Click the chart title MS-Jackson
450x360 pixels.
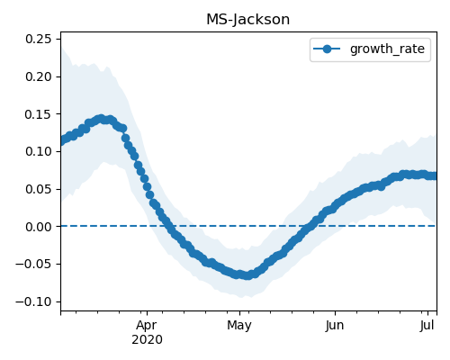(248, 20)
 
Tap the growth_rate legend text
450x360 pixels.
(387, 49)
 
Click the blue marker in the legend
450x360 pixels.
(327, 49)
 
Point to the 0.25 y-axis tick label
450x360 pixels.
(38, 39)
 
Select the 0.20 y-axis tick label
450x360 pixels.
(38, 76)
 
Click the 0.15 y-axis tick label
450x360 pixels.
(38, 114)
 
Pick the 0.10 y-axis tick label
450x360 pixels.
(38, 151)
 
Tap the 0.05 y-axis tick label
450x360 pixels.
(38, 189)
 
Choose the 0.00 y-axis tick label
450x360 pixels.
(38, 227)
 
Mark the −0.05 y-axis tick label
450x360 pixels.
(33, 264)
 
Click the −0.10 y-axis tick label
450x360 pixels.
(33, 301)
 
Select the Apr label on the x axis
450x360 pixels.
(147, 326)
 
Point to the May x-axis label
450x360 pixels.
(239, 326)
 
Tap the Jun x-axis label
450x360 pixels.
(335, 326)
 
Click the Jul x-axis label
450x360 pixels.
(427, 326)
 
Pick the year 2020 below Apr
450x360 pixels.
(147, 340)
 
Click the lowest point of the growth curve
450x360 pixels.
(247, 275)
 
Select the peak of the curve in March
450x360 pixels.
(102, 119)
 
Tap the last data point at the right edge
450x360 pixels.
(434, 175)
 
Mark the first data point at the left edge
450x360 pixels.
(62, 141)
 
